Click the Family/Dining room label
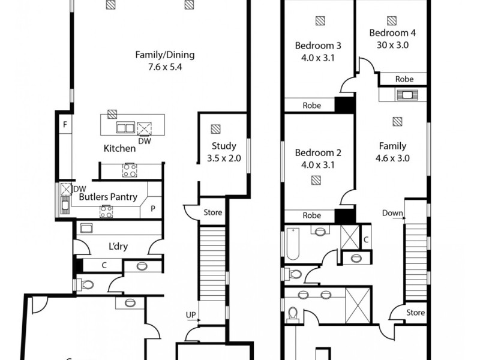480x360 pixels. point(164,55)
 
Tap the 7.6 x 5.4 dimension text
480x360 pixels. point(164,67)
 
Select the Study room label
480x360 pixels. point(223,145)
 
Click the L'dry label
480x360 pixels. point(118,247)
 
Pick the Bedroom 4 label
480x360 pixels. point(392,32)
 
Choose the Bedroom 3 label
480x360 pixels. point(318,46)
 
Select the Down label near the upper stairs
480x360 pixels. point(392,213)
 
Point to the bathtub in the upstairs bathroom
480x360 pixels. point(292,242)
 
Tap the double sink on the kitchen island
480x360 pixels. point(125,127)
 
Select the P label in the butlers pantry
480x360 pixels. point(153,209)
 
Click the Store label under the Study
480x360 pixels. point(212,212)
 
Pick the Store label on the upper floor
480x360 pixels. point(415,313)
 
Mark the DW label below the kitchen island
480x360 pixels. point(144,142)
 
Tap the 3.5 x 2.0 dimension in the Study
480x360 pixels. point(223,158)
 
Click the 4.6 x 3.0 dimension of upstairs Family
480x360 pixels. point(392,158)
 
